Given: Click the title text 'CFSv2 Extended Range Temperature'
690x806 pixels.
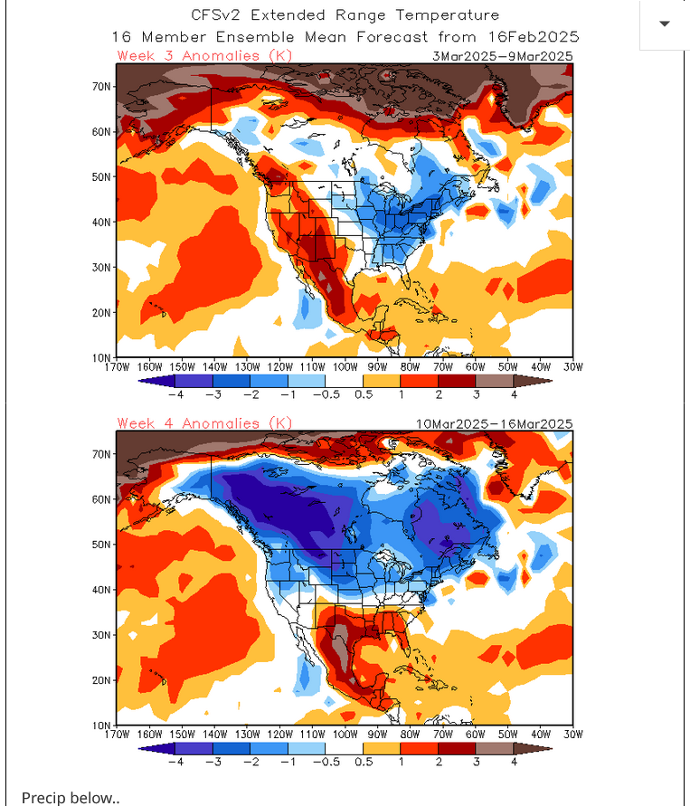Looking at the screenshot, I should click(x=345, y=15).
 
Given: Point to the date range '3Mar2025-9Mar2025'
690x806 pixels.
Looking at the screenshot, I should click(x=502, y=56).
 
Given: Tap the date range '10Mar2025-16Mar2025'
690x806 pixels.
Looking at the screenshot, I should click(x=494, y=423).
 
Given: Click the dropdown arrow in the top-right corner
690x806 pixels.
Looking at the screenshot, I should click(x=665, y=24).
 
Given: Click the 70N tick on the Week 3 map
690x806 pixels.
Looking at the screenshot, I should click(x=101, y=86).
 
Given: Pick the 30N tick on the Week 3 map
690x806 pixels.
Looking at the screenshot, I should click(x=101, y=267).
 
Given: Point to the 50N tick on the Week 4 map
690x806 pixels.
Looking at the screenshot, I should click(x=101, y=545).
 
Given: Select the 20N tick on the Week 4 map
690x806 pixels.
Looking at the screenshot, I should click(x=101, y=680).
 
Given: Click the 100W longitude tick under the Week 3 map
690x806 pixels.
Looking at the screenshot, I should click(x=345, y=366).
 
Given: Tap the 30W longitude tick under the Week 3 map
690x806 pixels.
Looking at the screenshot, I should click(x=572, y=366).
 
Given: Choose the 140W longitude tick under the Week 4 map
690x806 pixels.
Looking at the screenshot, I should click(x=215, y=734).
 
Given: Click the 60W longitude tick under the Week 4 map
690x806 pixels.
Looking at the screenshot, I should click(x=474, y=734).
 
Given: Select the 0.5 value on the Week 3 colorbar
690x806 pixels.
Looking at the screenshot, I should click(x=364, y=394).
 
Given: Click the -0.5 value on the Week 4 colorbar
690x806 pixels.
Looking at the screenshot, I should click(x=326, y=762).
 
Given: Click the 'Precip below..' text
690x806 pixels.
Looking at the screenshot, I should click(x=71, y=797).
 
